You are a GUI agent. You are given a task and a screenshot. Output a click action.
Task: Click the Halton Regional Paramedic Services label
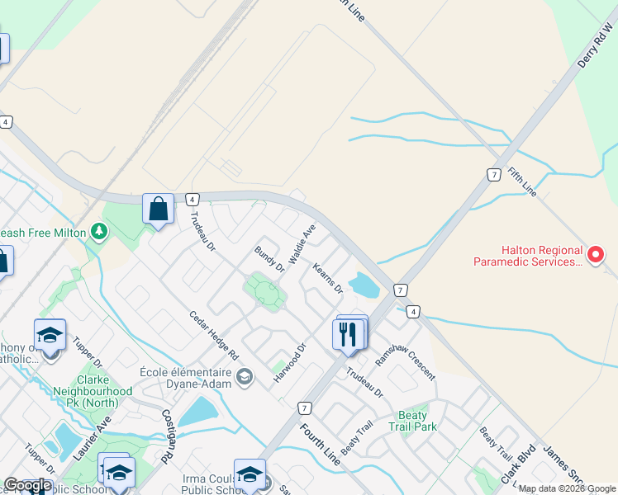pyautogui.click(x=529, y=257)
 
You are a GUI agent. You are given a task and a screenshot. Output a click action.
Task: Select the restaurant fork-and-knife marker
pyautogui.click(x=348, y=334)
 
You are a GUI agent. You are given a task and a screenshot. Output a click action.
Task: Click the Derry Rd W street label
pyautogui.click(x=594, y=49)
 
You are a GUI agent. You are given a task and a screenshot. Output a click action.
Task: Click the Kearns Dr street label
pyautogui.click(x=327, y=278)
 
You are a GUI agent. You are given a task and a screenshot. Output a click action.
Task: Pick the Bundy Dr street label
pyautogui.click(x=269, y=258)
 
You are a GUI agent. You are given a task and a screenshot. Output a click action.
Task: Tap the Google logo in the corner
pyautogui.click(x=27, y=485)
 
